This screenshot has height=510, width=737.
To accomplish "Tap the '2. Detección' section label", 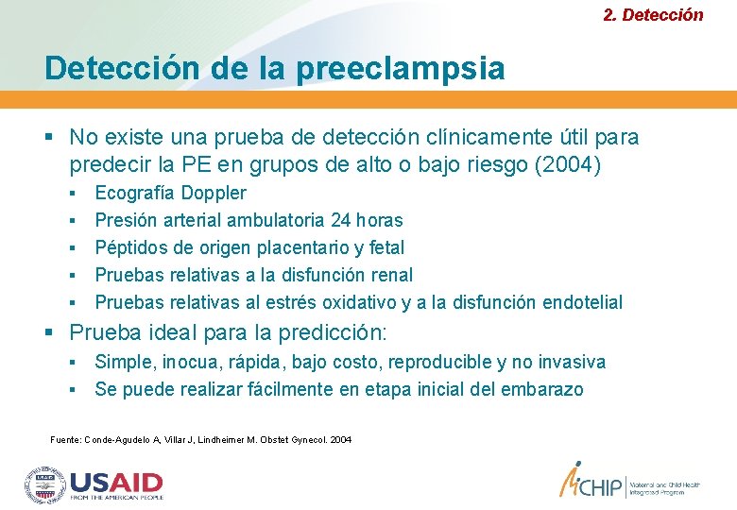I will (653, 14).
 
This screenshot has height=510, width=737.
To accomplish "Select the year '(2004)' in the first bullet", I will (568, 164).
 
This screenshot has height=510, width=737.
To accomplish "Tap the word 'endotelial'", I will (578, 302).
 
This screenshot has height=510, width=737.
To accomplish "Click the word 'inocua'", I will (188, 362).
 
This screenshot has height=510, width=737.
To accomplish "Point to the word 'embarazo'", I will (541, 389).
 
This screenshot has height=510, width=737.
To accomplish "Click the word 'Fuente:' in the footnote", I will (65, 440).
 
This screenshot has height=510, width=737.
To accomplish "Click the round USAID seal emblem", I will (44, 484).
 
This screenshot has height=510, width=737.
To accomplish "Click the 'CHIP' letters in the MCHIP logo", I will (600, 485).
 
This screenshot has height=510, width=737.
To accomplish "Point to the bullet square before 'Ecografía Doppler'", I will (73, 194).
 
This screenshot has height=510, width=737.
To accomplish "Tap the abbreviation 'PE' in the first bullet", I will (194, 164).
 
